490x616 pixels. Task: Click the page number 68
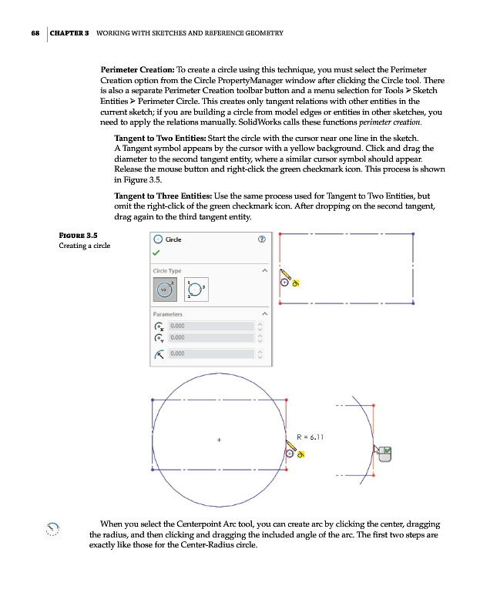(x=35, y=34)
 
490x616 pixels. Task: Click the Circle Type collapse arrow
(x=264, y=271)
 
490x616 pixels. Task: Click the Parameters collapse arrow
(x=264, y=314)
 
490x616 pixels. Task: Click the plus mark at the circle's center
(x=219, y=440)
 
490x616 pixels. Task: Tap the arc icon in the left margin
(x=52, y=527)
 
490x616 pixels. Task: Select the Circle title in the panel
(x=174, y=239)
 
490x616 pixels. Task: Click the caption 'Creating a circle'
(x=85, y=246)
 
